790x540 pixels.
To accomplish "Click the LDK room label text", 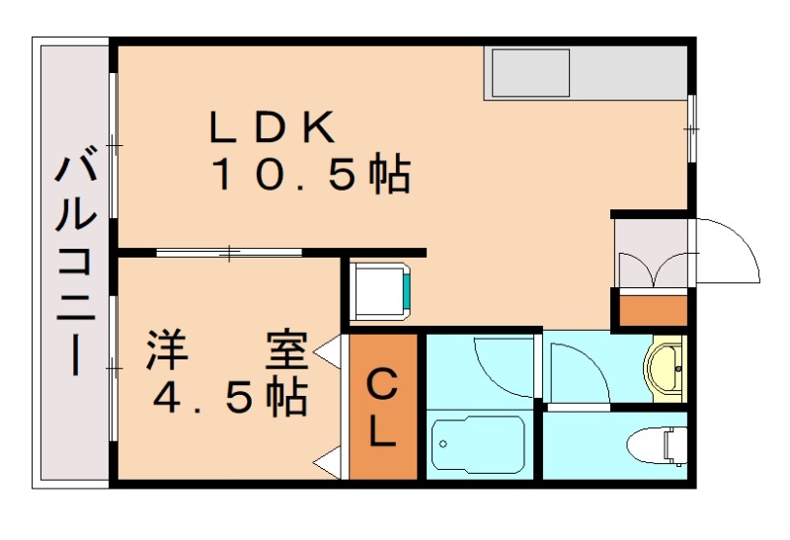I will tap(274, 128).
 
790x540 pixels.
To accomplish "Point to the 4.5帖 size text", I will tap(228, 397).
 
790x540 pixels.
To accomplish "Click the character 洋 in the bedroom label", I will tap(167, 351).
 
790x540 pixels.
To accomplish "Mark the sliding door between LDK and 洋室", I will tap(229, 254).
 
